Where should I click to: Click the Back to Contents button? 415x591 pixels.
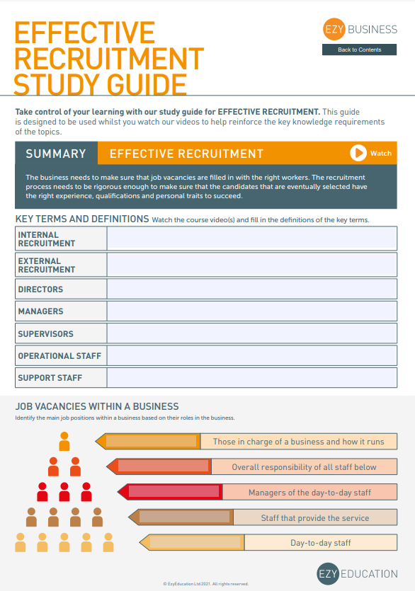[359, 50]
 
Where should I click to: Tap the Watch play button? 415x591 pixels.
[358, 153]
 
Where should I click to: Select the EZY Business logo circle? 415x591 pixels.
[333, 29]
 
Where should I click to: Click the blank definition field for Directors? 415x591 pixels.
[251, 289]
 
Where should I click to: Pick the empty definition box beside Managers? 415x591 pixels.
[251, 311]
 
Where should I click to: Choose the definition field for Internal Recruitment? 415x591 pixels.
[251, 239]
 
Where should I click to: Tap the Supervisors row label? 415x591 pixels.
[45, 334]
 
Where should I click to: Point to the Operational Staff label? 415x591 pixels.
[59, 356]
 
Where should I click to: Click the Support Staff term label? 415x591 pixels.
[50, 378]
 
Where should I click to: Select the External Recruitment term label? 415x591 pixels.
[46, 265]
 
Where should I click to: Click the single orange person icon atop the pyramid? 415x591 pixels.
[64, 442]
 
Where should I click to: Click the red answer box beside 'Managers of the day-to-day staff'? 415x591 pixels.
[174, 492]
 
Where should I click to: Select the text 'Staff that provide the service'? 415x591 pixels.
[314, 518]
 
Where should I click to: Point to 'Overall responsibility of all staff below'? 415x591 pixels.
[304, 467]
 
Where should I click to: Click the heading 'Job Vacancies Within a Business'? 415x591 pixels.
[97, 407]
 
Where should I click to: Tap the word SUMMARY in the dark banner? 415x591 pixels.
[56, 154]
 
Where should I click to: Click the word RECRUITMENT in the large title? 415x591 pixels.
[109, 59]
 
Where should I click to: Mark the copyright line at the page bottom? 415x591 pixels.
[206, 584]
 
